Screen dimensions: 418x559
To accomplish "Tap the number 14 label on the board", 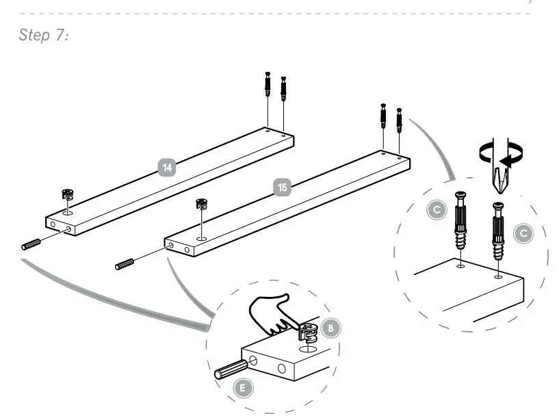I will coord(166,166).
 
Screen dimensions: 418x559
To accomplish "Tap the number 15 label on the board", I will coord(281,185).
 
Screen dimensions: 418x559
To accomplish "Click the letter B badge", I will coord(330,328).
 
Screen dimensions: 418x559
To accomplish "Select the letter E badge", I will coord(241,388).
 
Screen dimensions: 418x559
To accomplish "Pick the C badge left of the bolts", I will coord(437,211).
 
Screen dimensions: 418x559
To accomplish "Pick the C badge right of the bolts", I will coord(523,233).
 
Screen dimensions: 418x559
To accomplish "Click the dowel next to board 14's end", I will coord(32,244).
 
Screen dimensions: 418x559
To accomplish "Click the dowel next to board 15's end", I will coord(127,264).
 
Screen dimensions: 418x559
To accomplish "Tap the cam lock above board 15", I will coord(201,203).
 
